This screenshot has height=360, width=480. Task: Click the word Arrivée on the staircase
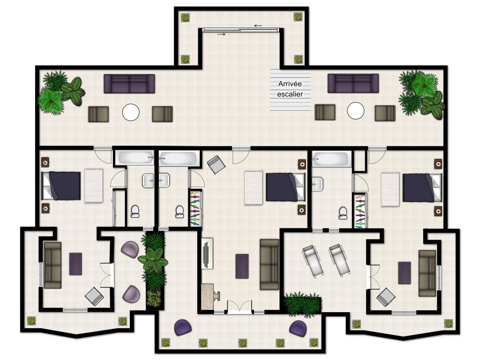[290, 83]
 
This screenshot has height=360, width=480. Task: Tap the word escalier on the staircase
[290, 94]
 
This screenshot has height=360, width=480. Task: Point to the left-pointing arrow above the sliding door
[258, 26]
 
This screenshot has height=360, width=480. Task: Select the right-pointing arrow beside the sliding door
[221, 34]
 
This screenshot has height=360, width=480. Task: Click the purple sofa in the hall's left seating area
[129, 83]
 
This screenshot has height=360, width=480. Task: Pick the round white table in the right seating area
[356, 111]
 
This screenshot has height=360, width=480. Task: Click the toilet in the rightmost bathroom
[343, 213]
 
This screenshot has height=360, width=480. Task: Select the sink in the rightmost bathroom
[317, 184]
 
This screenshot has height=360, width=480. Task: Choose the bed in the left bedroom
[61, 186]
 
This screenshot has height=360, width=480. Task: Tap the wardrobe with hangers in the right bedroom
[360, 211]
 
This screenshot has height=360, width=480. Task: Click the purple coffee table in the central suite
[242, 266]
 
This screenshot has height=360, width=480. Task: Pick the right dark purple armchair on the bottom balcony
[298, 328]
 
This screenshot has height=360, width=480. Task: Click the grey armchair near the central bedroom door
[216, 165]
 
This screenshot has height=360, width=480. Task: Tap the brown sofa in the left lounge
[52, 265]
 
